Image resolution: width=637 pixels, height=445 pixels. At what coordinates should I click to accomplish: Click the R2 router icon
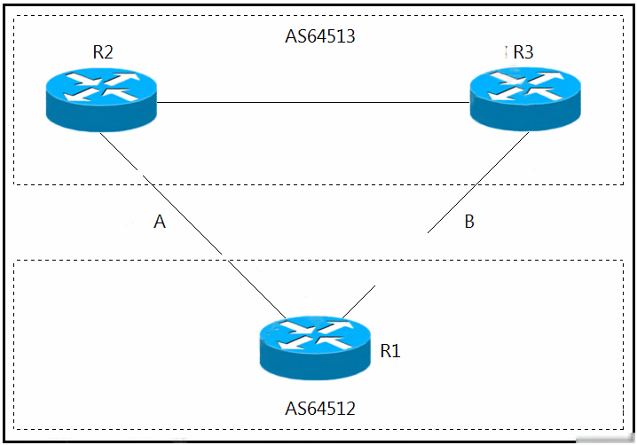click(x=101, y=99)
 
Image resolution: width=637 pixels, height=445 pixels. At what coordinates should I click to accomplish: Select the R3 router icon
click(x=525, y=99)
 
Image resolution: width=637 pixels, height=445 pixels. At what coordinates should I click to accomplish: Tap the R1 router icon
click(x=315, y=348)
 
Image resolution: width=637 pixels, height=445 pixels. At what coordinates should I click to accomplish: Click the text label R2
click(x=103, y=52)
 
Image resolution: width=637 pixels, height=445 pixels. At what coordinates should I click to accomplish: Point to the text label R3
click(x=523, y=52)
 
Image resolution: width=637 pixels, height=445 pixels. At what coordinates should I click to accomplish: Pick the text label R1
click(x=390, y=351)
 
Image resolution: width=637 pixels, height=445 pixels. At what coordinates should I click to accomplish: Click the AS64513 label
click(x=320, y=36)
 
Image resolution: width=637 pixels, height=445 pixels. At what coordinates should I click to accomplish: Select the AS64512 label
click(x=320, y=409)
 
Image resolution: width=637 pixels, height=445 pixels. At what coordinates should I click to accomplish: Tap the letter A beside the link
click(x=160, y=222)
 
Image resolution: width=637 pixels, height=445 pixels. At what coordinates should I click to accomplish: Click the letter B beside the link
click(x=469, y=222)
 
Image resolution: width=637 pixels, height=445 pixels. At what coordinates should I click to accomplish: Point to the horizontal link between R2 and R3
click(x=313, y=102)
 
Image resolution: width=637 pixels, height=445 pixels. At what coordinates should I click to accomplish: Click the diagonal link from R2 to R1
click(x=193, y=225)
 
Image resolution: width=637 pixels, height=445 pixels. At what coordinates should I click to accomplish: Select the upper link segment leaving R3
click(x=478, y=183)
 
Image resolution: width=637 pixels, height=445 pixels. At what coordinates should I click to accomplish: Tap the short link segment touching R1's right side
click(x=358, y=301)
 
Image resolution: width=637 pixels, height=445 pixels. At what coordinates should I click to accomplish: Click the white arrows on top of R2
click(x=101, y=87)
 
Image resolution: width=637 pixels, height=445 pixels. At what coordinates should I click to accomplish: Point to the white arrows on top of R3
click(x=526, y=86)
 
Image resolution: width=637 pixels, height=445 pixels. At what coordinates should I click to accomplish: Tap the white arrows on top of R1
click(x=315, y=335)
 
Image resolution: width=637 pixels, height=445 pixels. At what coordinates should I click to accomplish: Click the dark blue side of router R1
click(x=315, y=365)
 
